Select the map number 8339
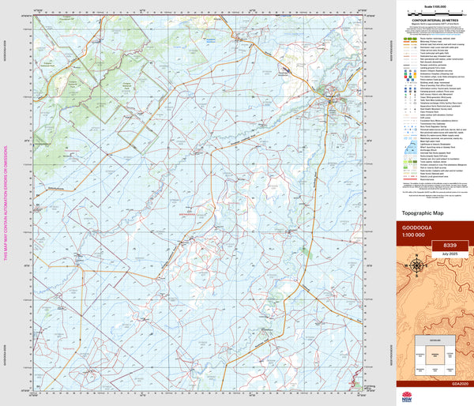pos(450,246)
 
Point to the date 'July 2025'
pos(450,254)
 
